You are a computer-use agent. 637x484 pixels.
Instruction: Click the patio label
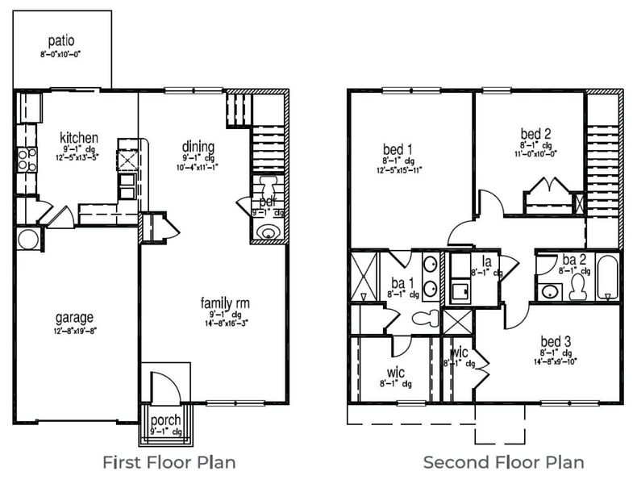click(x=60, y=40)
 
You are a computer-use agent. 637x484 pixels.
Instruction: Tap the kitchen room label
click(x=79, y=138)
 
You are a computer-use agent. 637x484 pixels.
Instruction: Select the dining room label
click(x=198, y=147)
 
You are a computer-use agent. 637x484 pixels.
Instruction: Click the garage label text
click(x=75, y=317)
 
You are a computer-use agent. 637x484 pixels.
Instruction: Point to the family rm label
click(x=225, y=302)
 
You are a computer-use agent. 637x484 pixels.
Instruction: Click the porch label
click(x=166, y=420)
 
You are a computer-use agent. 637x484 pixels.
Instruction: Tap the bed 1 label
click(x=398, y=149)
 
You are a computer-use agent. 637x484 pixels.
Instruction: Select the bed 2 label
click(x=535, y=133)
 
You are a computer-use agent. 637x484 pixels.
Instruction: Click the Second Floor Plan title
click(x=504, y=462)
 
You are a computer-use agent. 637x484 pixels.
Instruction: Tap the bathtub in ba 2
click(x=606, y=277)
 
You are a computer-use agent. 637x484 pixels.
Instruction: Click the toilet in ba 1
click(x=425, y=318)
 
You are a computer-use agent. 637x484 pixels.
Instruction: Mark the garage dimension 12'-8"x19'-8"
click(x=75, y=330)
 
